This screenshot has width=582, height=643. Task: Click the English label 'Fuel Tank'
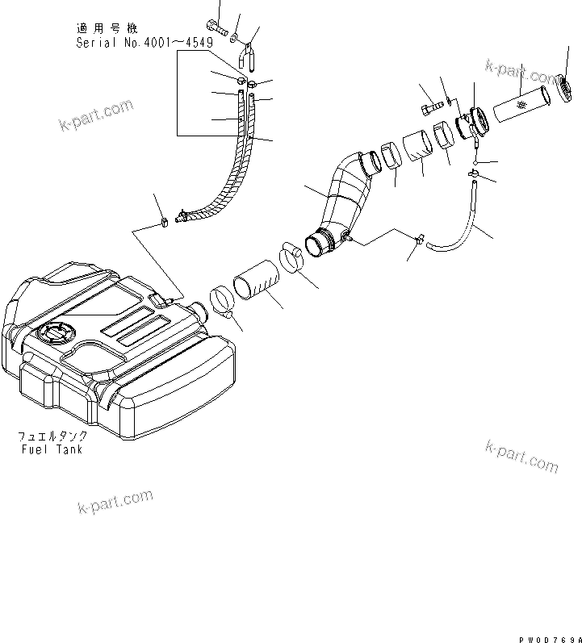coord(52,449)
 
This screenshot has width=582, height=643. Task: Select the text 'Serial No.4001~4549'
coord(138,43)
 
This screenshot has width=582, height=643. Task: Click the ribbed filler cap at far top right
coord(563,86)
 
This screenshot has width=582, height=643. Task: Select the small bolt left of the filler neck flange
coord(429,104)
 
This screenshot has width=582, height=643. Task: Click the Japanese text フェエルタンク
coord(52,436)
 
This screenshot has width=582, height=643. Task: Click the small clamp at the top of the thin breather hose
coord(474,173)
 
